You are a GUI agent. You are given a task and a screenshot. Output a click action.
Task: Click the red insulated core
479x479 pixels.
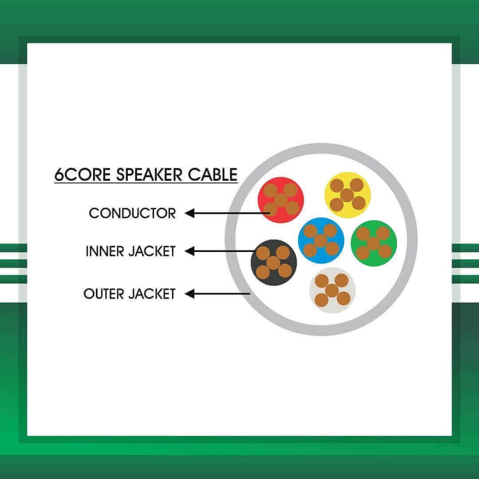point(281,200)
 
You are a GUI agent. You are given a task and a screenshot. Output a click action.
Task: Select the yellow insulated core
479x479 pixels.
point(347,195)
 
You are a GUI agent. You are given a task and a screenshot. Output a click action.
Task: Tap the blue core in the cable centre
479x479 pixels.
point(321,240)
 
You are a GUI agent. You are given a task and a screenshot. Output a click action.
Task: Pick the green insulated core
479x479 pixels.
point(373,243)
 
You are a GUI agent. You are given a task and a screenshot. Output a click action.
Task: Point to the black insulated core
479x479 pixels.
point(274,263)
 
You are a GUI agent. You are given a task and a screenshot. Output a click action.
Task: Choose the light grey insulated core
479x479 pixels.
point(332,290)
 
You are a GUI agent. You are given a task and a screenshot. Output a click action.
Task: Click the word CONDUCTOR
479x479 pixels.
point(132,213)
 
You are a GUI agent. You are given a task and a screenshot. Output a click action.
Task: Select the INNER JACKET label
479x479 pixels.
point(130,251)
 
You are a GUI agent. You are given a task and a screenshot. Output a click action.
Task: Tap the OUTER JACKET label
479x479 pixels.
point(129,294)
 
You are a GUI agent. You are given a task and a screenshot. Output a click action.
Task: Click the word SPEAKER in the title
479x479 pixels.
point(149,175)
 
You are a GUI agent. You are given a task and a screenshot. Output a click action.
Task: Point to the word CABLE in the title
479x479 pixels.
point(212,175)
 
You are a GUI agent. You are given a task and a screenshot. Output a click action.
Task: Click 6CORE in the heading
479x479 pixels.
point(82,175)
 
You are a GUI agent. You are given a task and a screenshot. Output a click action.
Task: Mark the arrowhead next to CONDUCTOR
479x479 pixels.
point(190,213)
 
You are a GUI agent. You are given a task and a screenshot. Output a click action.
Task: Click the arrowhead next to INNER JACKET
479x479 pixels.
point(190,251)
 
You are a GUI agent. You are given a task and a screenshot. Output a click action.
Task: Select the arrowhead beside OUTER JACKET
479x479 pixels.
point(190,294)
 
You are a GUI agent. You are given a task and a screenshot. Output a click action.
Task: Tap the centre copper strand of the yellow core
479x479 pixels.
point(347,195)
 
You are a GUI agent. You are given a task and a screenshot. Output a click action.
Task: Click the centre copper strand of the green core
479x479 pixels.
point(373,243)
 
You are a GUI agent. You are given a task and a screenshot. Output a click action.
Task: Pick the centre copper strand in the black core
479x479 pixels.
point(273,263)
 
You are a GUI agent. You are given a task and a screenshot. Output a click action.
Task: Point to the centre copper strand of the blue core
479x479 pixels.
point(321,241)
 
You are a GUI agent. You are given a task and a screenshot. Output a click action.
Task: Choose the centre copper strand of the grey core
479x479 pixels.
point(332,291)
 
